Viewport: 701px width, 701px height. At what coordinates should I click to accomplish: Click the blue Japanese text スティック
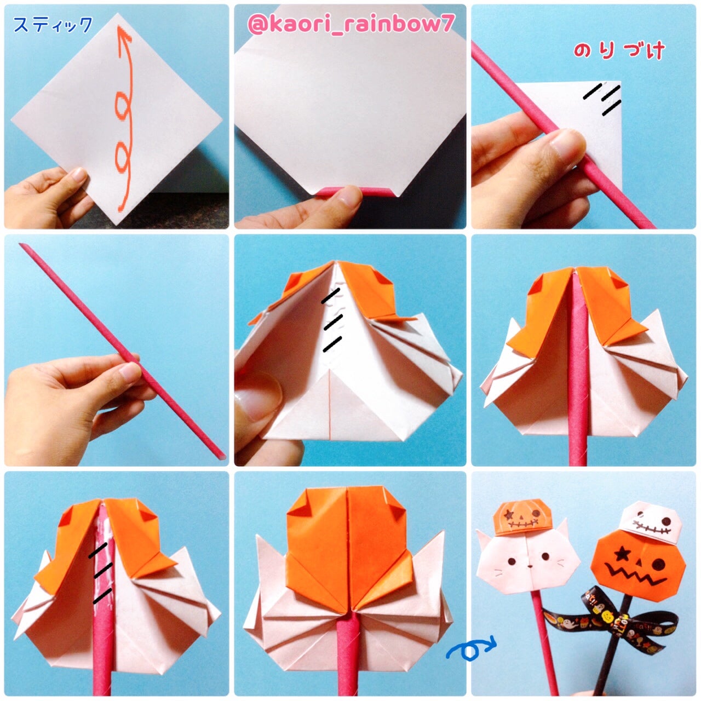click(x=53, y=25)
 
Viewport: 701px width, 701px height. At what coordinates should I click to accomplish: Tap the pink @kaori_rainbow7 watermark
click(x=351, y=25)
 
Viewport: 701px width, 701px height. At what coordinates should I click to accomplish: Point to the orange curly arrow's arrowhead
click(x=124, y=35)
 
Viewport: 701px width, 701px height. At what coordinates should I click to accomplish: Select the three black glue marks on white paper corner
click(x=602, y=99)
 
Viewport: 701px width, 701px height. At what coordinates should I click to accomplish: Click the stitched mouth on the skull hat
click(x=651, y=526)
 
